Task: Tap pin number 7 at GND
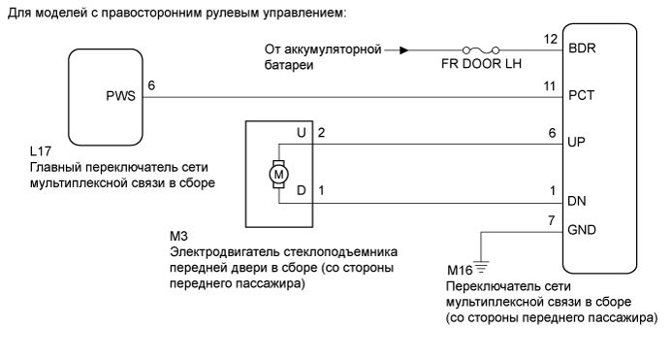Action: click(553, 221)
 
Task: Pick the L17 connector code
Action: click(41, 152)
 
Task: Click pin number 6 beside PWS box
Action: click(150, 85)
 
